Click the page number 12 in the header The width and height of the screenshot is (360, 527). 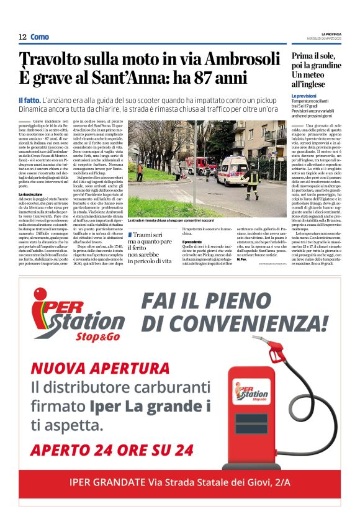(22, 37)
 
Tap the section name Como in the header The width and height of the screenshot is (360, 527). (39, 37)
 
